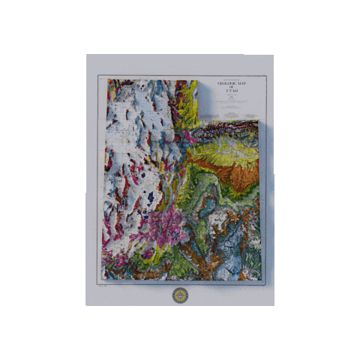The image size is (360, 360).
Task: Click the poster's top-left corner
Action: click(x=87, y=55)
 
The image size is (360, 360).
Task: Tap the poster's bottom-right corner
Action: click(x=273, y=305)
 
